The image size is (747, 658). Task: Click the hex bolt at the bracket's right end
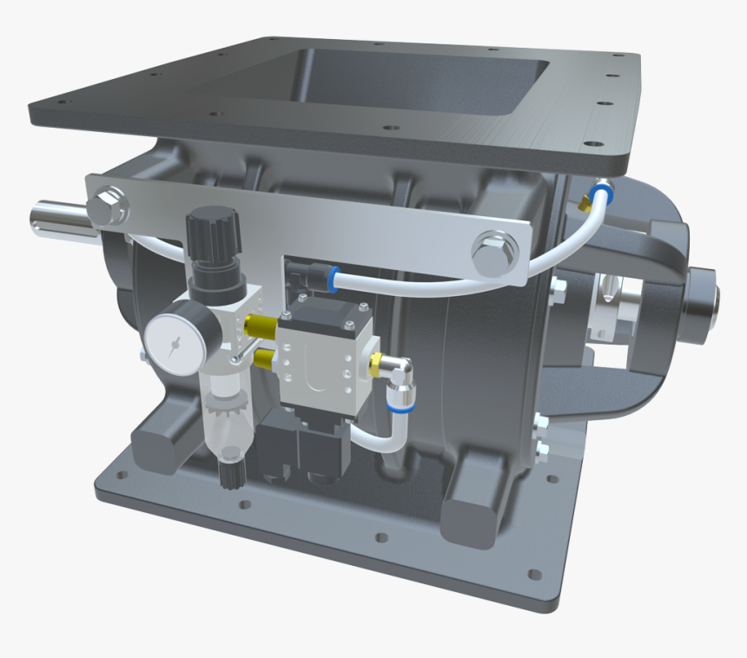pos(492,249)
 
